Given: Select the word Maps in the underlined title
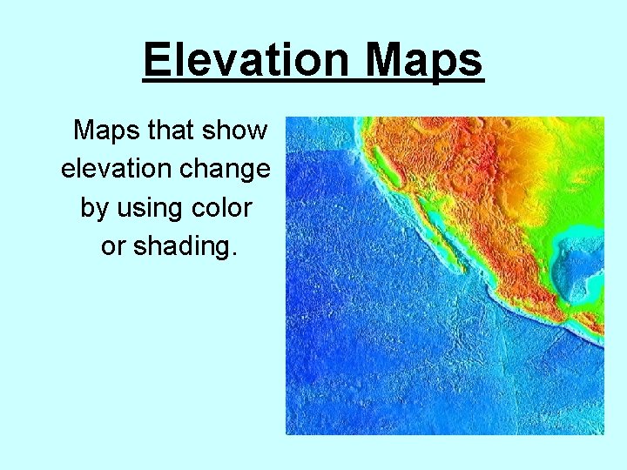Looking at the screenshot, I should pos(424,61).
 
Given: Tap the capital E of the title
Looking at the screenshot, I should pos(156,61).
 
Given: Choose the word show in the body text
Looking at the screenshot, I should pos(237,131).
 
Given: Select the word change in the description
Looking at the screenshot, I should pos(231,169).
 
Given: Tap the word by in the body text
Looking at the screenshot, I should pos(94,208).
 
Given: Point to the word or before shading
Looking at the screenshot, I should pos(113,246).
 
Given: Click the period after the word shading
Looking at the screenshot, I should pos(233,254).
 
